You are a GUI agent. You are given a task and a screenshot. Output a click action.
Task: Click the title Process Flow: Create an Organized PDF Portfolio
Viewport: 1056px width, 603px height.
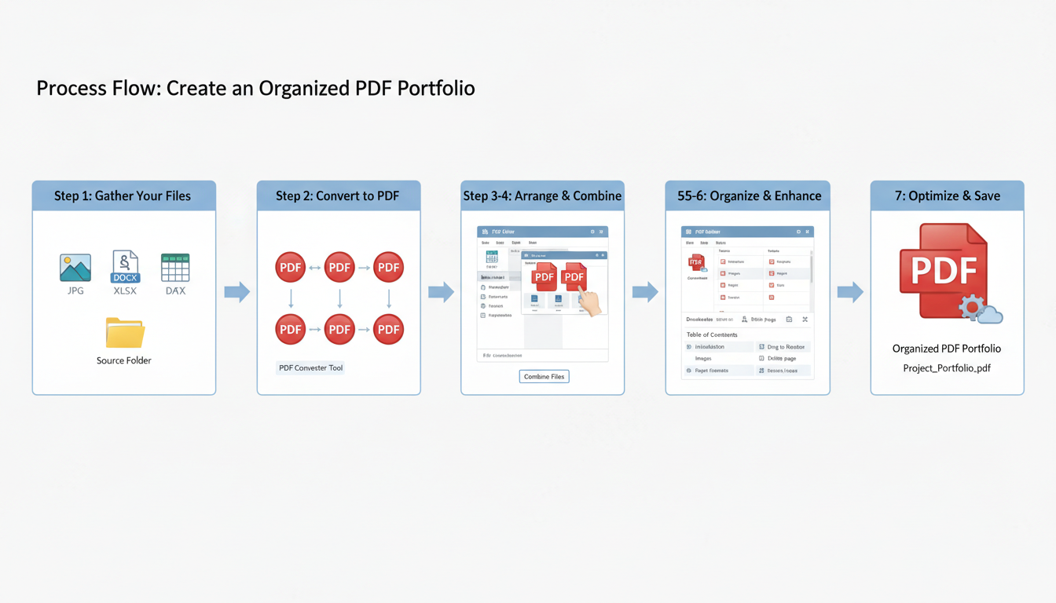255,88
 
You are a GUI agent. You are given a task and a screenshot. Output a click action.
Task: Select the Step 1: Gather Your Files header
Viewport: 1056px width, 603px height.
123,196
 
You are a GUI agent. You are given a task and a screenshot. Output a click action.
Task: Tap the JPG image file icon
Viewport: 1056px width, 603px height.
75,268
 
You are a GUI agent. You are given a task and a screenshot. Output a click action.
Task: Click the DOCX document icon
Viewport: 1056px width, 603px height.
125,267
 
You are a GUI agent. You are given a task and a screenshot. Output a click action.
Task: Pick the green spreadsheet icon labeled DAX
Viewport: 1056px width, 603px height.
174,268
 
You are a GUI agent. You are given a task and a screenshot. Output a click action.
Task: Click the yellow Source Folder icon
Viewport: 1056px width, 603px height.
125,333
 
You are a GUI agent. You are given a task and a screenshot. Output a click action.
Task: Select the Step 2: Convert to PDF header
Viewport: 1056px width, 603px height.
339,196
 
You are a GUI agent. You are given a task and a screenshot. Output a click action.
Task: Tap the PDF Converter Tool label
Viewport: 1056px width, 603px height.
310,367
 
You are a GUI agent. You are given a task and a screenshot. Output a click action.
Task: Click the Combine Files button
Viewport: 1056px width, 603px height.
544,377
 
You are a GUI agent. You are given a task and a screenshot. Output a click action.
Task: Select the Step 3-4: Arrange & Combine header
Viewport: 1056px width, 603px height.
542,196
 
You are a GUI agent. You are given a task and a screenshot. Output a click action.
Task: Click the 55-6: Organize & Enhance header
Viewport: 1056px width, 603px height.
748,196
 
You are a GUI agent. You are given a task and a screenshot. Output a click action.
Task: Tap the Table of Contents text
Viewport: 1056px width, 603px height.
712,334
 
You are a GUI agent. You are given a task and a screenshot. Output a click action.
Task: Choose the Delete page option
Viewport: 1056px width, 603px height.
781,358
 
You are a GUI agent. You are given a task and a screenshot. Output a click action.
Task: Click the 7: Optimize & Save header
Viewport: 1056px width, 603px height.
947,196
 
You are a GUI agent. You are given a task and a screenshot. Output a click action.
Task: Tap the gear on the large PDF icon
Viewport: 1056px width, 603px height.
972,306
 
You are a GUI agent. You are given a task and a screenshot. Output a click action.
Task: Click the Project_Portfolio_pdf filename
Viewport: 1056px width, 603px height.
947,368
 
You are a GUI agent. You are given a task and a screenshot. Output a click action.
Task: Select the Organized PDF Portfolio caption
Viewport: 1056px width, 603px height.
947,349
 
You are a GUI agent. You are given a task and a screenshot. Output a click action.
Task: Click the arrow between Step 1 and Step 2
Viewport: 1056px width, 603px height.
236,293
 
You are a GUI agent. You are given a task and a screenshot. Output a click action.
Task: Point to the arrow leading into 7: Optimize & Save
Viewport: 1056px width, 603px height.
850,293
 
